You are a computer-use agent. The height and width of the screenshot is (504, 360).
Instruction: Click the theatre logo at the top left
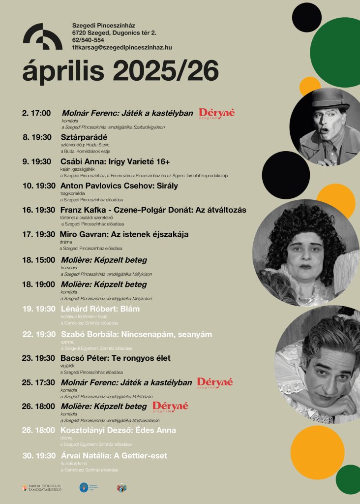point(42,36)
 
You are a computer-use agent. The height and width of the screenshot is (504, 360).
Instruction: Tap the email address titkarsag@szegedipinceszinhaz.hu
point(121,47)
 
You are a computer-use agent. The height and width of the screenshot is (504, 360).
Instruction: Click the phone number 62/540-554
point(88,40)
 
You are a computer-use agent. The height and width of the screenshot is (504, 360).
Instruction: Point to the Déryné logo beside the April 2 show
point(217,114)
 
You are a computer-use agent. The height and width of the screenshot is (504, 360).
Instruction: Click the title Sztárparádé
point(84,137)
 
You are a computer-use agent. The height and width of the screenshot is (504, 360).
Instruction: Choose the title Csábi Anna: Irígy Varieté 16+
point(115,161)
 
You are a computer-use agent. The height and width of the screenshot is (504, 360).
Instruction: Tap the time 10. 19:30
point(38,186)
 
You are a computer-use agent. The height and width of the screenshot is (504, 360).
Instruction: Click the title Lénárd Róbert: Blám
point(100,309)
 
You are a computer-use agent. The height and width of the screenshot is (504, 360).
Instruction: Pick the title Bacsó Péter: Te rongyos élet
point(116,358)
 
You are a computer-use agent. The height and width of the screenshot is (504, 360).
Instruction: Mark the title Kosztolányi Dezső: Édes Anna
point(118,430)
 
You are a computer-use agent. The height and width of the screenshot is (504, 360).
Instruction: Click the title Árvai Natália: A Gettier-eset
point(114,456)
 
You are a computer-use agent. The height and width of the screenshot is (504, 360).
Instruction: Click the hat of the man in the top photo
point(329,98)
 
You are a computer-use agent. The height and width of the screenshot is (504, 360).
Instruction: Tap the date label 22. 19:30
point(39,334)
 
